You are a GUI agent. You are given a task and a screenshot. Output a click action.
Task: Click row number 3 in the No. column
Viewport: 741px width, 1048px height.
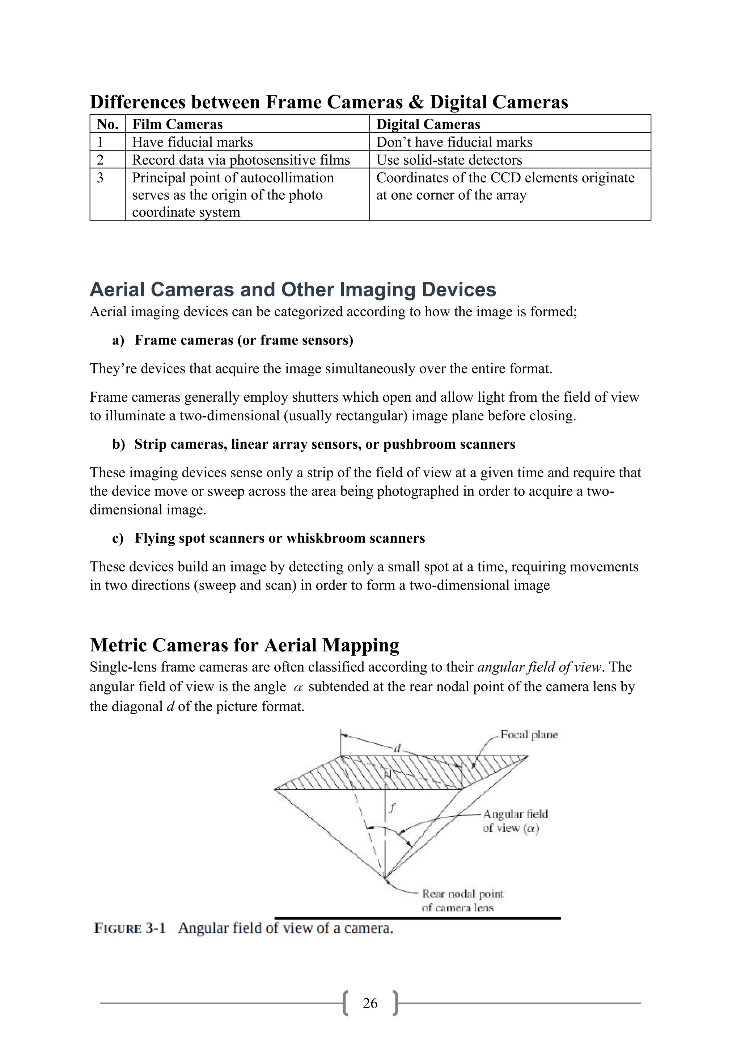click(x=100, y=178)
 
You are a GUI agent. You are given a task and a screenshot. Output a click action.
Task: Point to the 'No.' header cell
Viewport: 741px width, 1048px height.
click(x=108, y=124)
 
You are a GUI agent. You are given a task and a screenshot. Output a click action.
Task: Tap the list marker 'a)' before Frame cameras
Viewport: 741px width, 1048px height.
click(x=118, y=340)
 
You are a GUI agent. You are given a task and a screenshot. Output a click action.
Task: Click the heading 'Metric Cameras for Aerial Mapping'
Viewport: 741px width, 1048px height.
click(x=244, y=645)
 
